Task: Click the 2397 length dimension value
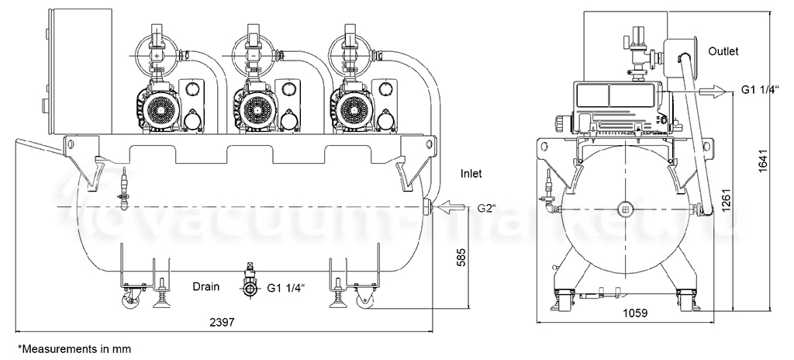(x=222, y=322)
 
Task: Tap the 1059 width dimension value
(x=634, y=313)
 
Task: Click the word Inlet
(x=471, y=174)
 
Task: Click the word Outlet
(x=723, y=51)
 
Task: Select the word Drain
(x=206, y=286)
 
